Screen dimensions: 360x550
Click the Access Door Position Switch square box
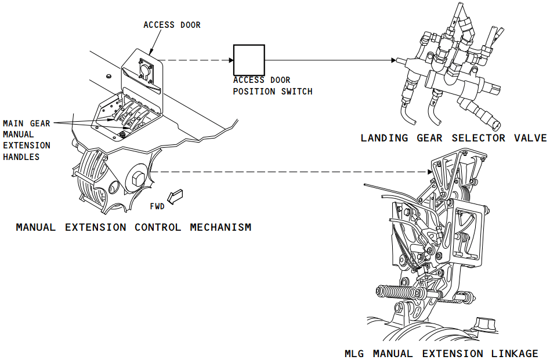249,60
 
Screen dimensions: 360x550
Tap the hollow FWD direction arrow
175,197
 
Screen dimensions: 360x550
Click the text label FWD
157,206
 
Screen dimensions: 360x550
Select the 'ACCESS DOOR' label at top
172,25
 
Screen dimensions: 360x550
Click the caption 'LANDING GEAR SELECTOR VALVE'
453,138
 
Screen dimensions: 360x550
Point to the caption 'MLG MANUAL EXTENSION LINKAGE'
441,353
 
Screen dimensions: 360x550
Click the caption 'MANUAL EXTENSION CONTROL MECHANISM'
134,227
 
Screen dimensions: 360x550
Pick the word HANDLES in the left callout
22,157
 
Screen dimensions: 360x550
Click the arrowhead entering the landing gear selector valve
395,60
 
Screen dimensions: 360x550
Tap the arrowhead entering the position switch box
230,60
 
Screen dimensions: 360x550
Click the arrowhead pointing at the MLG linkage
429,172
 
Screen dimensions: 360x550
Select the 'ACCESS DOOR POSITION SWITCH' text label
272,86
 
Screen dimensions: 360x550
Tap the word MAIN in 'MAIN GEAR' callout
13,123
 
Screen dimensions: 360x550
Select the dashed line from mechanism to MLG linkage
290,172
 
